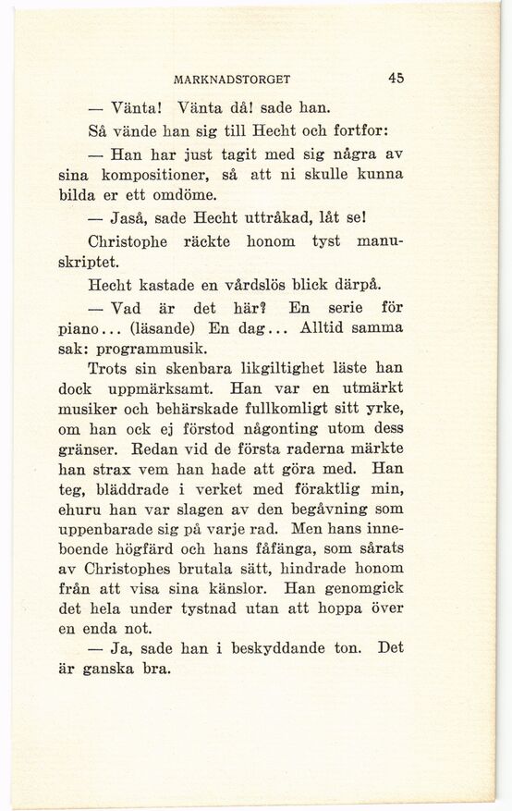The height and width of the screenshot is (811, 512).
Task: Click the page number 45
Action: pyautogui.click(x=396, y=79)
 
